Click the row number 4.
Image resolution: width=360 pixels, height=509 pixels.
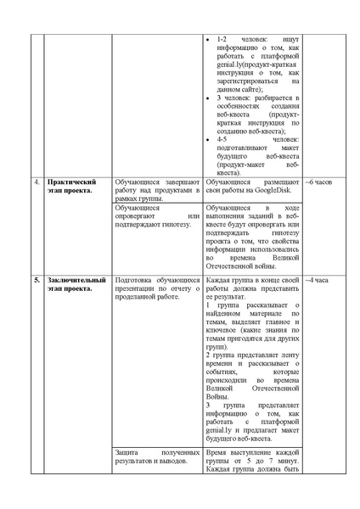(37, 182)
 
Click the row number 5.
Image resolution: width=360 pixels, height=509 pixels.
(37, 279)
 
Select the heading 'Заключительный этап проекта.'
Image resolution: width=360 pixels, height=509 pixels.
(76, 283)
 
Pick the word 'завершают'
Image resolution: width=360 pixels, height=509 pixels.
(179, 182)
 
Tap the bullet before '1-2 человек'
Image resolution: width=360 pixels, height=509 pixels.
(211, 39)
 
